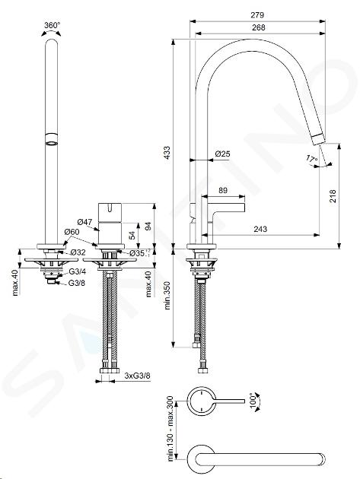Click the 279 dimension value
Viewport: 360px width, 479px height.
click(x=257, y=14)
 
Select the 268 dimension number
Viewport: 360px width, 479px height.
click(x=259, y=27)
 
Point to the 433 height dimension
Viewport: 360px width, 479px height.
click(x=167, y=153)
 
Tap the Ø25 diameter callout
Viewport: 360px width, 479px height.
click(x=222, y=154)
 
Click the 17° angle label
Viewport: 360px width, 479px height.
click(x=312, y=159)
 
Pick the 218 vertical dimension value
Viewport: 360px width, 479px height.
click(x=333, y=196)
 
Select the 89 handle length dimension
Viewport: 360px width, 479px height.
click(x=223, y=190)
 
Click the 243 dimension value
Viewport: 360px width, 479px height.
click(x=260, y=229)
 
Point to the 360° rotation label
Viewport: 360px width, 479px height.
click(x=52, y=25)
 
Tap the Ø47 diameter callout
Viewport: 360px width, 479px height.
click(x=84, y=221)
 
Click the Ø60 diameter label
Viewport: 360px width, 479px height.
click(x=72, y=232)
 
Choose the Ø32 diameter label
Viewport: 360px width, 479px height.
click(x=78, y=252)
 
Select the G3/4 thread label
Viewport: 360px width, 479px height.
click(x=77, y=271)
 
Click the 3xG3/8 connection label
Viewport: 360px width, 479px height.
click(x=137, y=376)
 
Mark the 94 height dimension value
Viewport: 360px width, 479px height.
click(x=148, y=227)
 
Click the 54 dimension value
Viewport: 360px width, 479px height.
click(x=132, y=236)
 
